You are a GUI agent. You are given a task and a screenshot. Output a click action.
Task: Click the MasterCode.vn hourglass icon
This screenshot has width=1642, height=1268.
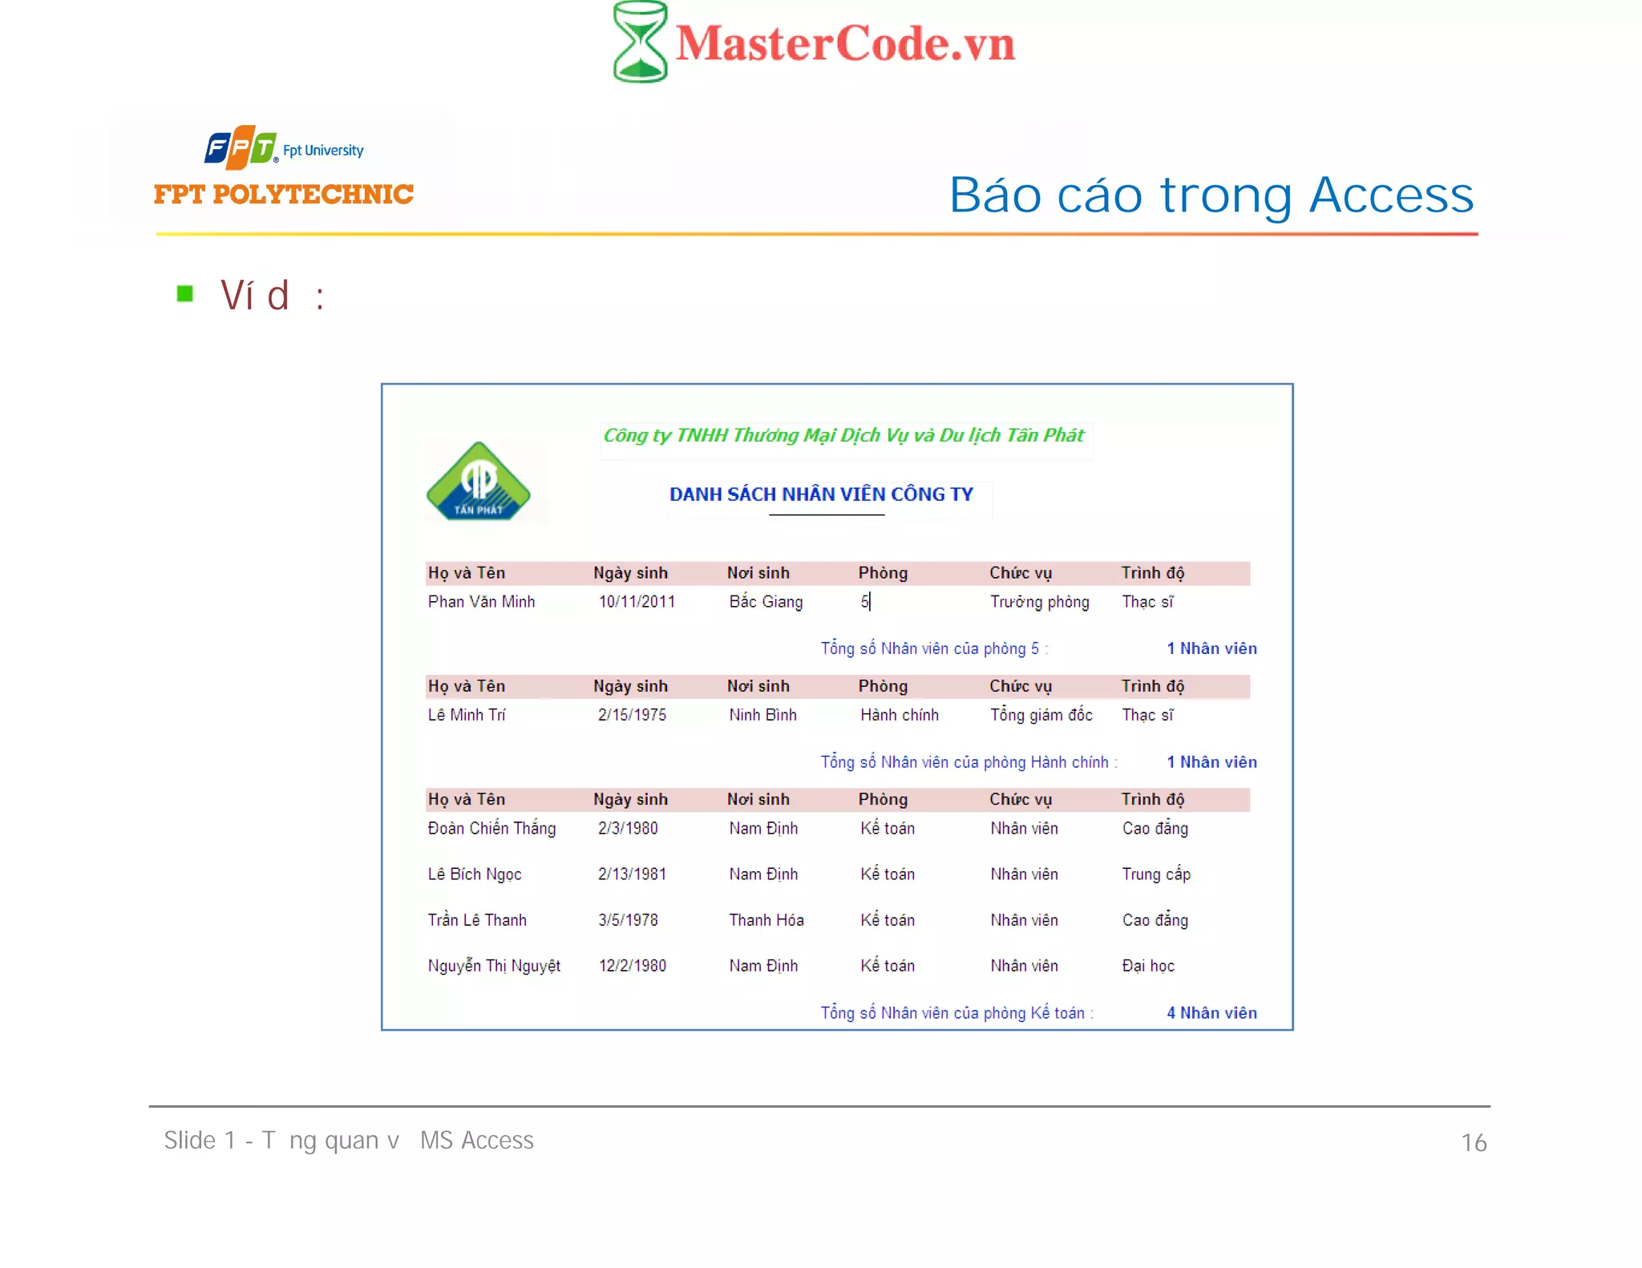(x=640, y=42)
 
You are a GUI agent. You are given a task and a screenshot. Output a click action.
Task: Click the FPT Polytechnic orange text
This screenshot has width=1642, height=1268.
(x=284, y=194)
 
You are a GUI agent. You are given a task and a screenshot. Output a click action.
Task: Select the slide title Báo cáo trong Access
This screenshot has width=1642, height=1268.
(x=1211, y=195)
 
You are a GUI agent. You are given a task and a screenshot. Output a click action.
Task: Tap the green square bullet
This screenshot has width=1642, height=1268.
(x=185, y=293)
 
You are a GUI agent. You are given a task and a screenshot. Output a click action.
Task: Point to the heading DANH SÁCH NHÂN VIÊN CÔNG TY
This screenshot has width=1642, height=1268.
(x=821, y=494)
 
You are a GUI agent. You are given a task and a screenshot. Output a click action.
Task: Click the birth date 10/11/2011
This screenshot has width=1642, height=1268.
(x=637, y=602)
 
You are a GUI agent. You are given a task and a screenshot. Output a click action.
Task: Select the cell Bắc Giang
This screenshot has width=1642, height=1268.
(x=766, y=602)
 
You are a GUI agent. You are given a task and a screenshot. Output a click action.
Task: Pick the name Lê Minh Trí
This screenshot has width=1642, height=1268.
(x=467, y=715)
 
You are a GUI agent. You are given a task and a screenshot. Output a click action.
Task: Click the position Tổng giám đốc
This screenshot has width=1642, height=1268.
(x=1041, y=715)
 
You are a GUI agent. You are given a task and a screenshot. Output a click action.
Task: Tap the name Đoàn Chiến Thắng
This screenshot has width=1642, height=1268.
(x=491, y=828)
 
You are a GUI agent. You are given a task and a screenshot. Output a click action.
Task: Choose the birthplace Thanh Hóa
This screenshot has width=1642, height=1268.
(x=766, y=920)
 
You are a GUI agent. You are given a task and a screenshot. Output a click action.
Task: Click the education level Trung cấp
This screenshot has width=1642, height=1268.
(x=1156, y=874)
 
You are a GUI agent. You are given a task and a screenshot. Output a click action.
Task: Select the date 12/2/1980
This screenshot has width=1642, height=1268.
(x=632, y=966)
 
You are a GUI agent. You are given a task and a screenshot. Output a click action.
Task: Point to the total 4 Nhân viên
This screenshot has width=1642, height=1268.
(x=1211, y=1013)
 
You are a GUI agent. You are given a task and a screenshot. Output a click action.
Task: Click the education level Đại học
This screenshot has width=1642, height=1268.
(x=1148, y=966)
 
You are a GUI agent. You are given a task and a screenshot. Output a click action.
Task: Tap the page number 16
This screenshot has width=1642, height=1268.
(x=1474, y=1142)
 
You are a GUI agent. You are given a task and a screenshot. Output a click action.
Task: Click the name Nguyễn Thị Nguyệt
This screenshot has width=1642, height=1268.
(x=494, y=966)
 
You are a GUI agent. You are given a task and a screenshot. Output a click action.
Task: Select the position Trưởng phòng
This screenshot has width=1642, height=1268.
(x=1039, y=602)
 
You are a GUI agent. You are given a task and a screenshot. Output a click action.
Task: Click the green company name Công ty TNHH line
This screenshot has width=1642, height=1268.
(x=843, y=435)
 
